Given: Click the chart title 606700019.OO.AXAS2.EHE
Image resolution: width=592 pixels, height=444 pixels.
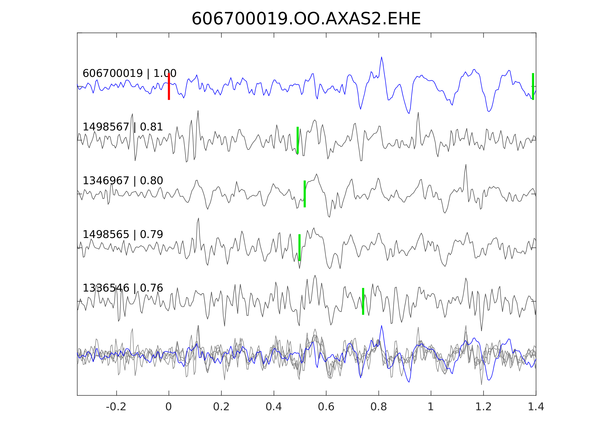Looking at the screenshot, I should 306,19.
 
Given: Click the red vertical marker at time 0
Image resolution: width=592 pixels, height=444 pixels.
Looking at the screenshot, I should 169,87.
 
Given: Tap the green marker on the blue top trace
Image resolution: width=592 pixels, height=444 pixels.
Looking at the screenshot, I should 533,87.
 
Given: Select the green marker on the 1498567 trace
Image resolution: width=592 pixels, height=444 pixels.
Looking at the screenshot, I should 298,140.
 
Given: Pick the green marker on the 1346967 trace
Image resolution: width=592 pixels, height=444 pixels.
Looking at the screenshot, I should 305,194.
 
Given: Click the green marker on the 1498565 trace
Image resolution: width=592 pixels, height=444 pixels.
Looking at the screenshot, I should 299,248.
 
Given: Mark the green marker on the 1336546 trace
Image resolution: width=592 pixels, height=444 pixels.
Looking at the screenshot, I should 363,301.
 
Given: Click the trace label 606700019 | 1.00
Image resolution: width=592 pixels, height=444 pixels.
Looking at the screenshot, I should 129,73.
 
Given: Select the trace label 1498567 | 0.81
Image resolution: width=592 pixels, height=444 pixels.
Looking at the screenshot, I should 123,127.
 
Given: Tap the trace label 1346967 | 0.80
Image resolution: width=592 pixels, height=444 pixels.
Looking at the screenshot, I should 123,181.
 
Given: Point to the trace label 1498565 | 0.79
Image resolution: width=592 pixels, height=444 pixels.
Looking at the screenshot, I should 123,234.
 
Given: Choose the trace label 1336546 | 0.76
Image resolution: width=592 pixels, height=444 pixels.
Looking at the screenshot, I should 123,288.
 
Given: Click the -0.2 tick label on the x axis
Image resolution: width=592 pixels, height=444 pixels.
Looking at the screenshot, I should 116,407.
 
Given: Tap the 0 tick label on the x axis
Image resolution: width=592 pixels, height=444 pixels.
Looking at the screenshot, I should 168,407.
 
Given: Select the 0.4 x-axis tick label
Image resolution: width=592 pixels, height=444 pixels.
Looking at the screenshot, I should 274,407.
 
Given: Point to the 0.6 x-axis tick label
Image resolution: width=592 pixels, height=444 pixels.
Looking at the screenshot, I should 326,407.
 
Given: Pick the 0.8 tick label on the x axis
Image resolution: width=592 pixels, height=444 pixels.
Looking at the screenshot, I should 378,407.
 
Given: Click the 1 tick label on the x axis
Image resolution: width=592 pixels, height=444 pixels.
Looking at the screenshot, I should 431,407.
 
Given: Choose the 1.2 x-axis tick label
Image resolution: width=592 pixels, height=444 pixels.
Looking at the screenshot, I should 483,407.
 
